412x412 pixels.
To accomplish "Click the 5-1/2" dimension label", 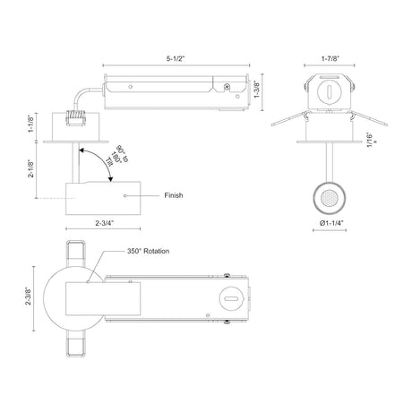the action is click(176, 58).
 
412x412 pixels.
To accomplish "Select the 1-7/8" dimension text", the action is click(330, 58).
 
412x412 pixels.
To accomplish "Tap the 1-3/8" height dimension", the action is click(257, 90).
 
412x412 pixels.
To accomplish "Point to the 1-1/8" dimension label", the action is click(31, 124).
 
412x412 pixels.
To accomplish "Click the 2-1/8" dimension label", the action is click(31, 169).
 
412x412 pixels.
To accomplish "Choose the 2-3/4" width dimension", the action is click(105, 223).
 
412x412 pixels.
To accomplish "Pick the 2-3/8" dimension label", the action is click(29, 296).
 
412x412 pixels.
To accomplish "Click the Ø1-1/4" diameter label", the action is click(331, 223).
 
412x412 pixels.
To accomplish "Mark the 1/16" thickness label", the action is click(371, 140).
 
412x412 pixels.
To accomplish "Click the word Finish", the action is click(174, 195).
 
